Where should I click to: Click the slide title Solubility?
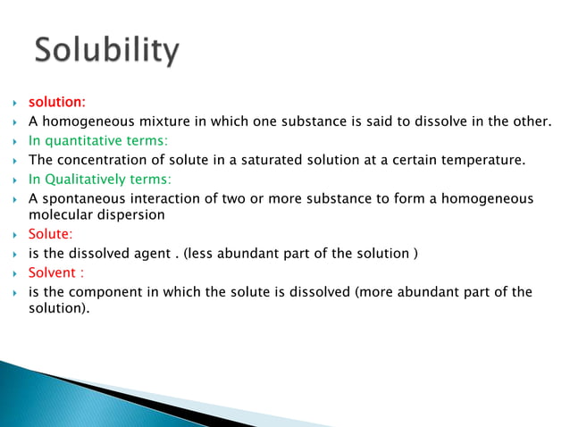pos(106,51)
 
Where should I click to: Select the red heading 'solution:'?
pos(57,103)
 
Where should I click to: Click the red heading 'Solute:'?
pos(51,234)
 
